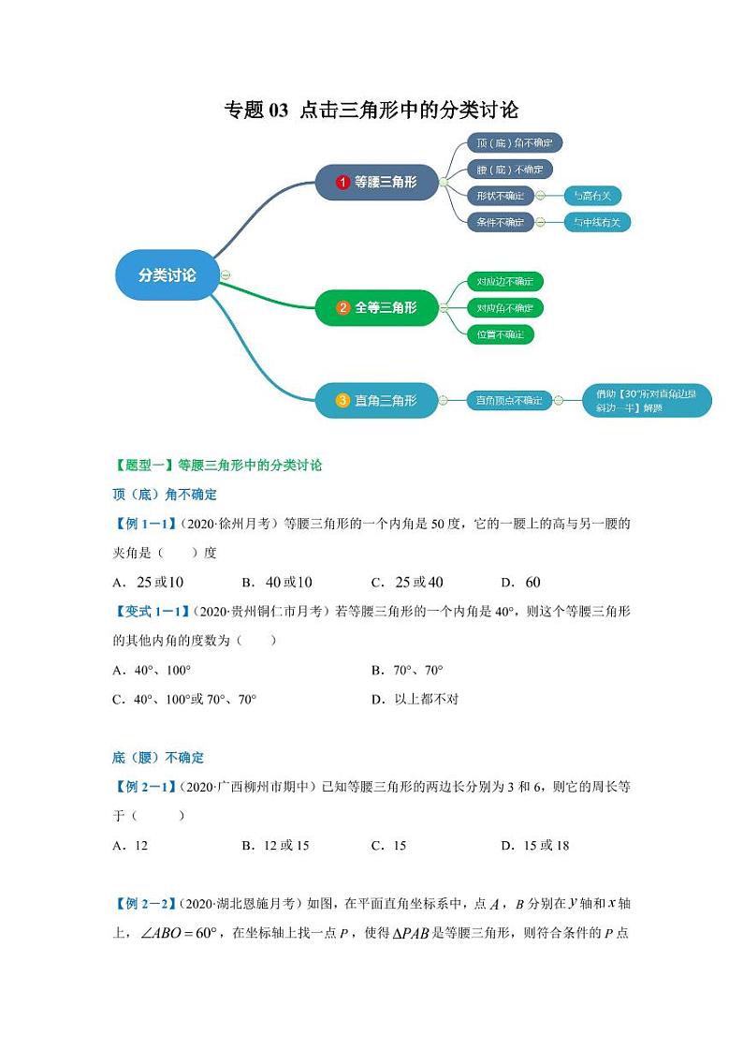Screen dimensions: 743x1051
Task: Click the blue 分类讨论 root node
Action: [x=168, y=275]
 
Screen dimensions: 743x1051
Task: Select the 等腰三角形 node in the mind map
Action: [x=376, y=182]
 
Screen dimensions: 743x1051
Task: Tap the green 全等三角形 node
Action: [x=376, y=307]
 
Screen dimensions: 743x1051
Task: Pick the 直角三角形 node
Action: [x=376, y=400]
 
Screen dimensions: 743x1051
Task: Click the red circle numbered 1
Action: [x=342, y=182]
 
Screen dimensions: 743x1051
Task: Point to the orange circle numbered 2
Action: [x=342, y=307]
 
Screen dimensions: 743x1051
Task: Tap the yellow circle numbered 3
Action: [x=342, y=400]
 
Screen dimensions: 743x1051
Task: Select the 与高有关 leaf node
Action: [x=592, y=196]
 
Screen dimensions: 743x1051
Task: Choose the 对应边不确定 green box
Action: [x=505, y=281]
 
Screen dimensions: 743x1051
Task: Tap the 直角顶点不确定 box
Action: [x=508, y=400]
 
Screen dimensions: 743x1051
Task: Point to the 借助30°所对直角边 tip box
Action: [x=646, y=401]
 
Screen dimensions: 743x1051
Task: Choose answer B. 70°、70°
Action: [x=407, y=670]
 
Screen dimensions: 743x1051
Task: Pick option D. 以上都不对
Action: [x=415, y=699]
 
